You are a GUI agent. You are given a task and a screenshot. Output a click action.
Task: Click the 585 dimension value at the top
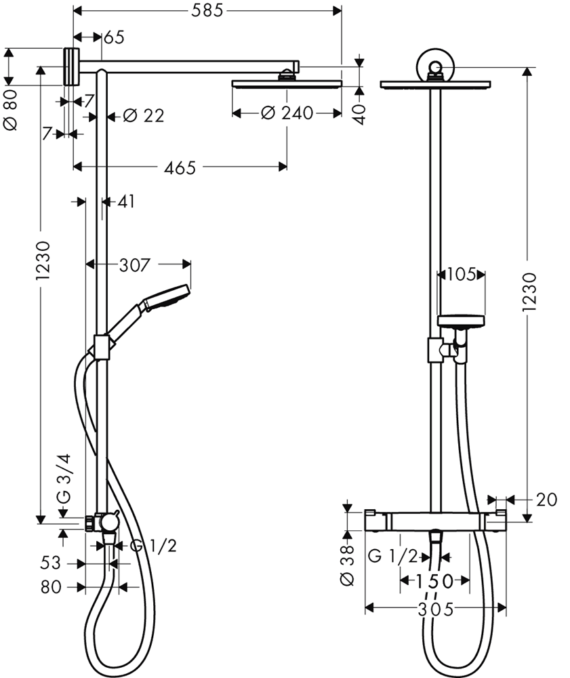[207, 10]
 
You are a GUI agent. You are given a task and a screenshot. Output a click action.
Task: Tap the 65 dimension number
[114, 37]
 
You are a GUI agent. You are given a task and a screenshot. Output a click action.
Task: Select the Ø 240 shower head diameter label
[287, 113]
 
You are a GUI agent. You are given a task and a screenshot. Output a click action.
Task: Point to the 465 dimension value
[180, 167]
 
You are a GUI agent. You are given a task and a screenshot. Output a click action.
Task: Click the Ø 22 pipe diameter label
[144, 115]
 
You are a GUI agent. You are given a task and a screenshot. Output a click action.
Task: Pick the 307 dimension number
[135, 265]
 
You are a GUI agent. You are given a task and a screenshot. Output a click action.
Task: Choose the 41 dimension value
[126, 201]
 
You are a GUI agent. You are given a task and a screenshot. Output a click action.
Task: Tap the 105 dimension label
[461, 274]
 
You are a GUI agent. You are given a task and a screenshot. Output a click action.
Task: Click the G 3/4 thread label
[64, 479]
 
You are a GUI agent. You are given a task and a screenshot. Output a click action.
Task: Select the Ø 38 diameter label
[347, 565]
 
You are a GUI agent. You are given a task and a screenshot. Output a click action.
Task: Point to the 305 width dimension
[436, 610]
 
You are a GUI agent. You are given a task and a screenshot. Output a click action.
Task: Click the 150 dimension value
[434, 581]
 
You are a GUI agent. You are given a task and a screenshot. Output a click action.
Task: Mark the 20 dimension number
[547, 500]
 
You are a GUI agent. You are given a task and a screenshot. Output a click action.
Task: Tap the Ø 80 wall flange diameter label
[10, 110]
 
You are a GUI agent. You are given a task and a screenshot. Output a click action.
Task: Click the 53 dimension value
[51, 563]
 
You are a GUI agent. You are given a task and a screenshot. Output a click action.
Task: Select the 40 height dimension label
[359, 114]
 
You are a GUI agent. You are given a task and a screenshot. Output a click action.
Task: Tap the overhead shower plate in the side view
[287, 84]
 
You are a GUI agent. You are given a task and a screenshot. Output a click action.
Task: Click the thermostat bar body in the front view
[436, 520]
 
